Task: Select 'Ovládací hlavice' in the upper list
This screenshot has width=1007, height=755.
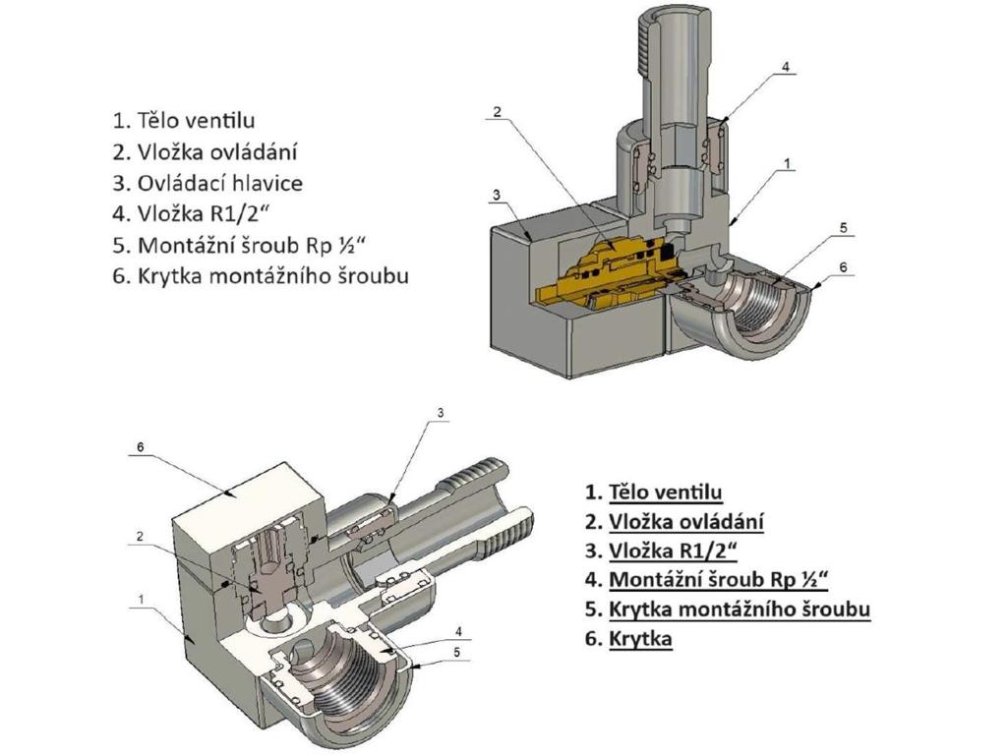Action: (219, 183)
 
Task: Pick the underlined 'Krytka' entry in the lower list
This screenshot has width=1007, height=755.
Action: (640, 639)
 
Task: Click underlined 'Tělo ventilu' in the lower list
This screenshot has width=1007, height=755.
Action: (666, 492)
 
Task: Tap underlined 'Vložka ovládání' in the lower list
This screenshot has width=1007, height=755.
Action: (685, 522)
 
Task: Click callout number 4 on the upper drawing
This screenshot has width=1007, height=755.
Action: (786, 67)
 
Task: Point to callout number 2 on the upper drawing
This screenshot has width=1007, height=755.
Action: (497, 112)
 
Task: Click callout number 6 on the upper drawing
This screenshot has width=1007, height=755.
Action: (842, 265)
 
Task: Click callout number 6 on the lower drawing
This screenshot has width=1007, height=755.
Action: (141, 447)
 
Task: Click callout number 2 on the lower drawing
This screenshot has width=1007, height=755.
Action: (141, 536)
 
